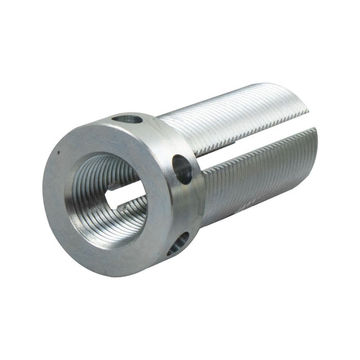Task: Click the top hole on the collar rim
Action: pyautogui.click(x=128, y=118)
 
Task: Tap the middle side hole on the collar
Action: pyautogui.click(x=182, y=169)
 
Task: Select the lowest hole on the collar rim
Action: pyautogui.click(x=178, y=243)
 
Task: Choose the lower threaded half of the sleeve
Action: pyautogui.click(x=261, y=180)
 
